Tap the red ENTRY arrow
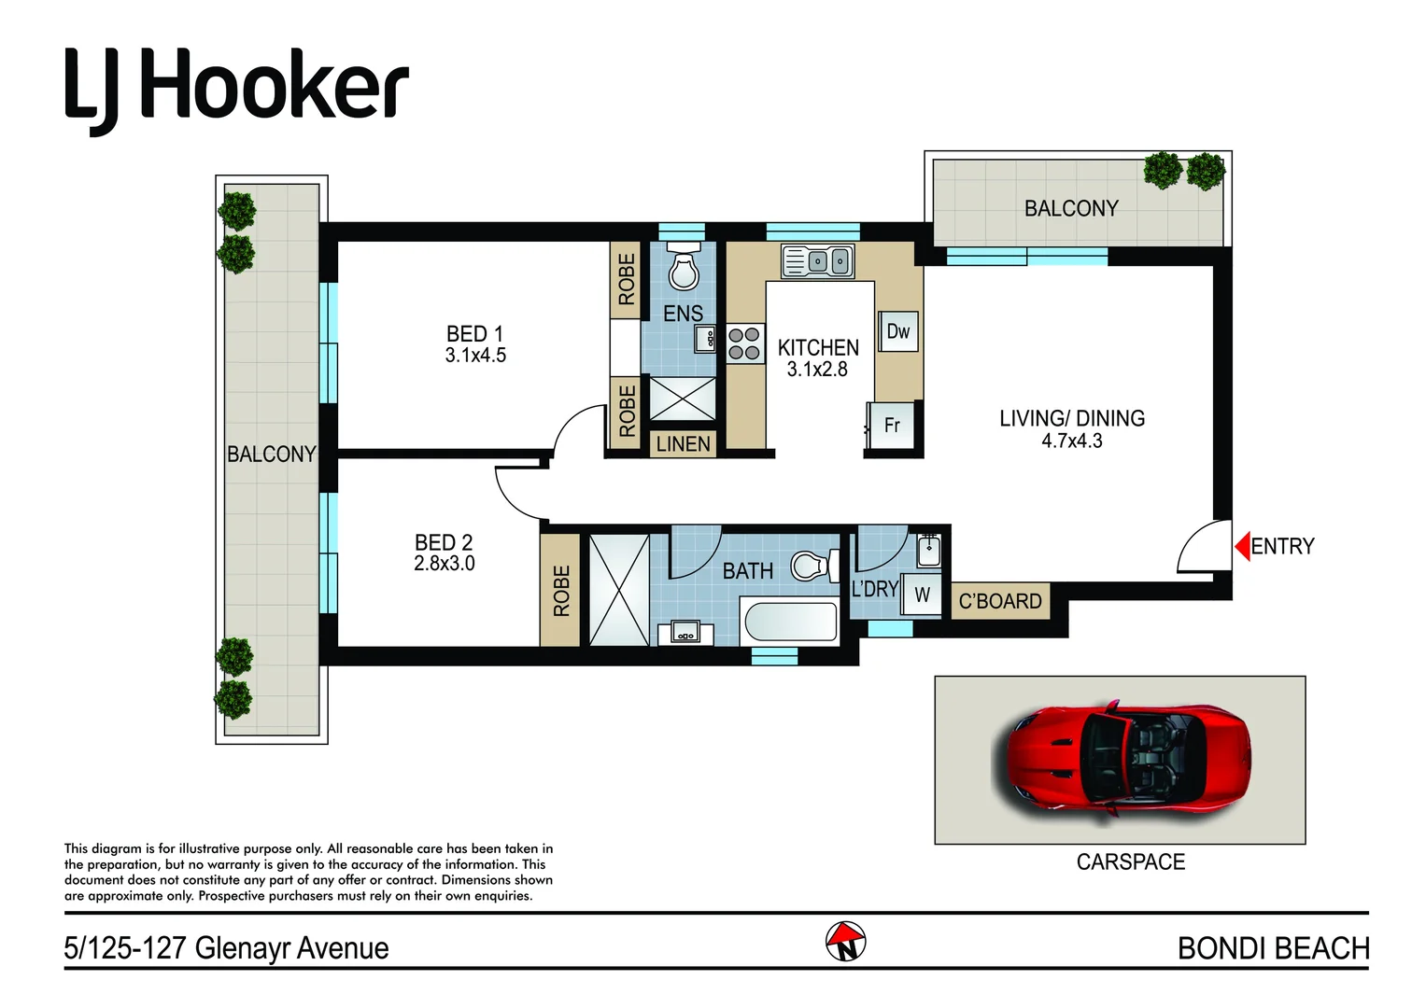[x=1242, y=546]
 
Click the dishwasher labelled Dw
[x=898, y=331]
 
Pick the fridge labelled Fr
[x=891, y=426]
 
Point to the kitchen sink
[x=817, y=261]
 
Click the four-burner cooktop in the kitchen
[x=744, y=343]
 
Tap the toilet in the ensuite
[x=685, y=270]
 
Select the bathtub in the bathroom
[x=790, y=623]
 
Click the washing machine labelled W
[x=922, y=595]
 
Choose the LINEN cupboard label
[x=683, y=444]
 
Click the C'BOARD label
[x=1000, y=602]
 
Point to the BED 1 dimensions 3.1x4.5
[x=475, y=356]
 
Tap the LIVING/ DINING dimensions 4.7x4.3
[x=1071, y=441]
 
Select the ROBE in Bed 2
[x=560, y=591]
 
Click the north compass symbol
[x=845, y=942]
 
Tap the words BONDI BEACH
[x=1272, y=948]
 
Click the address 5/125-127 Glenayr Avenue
[x=226, y=948]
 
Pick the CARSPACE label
[x=1130, y=862]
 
